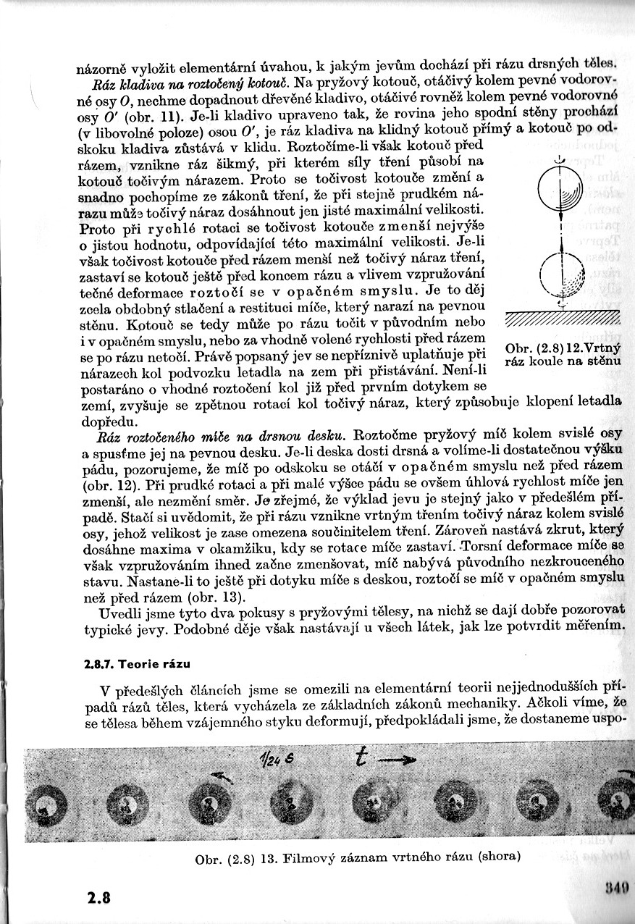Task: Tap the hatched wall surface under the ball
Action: point(563,319)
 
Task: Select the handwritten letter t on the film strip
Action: point(362,758)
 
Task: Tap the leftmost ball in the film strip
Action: point(49,805)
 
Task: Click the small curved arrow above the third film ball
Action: point(222,778)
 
